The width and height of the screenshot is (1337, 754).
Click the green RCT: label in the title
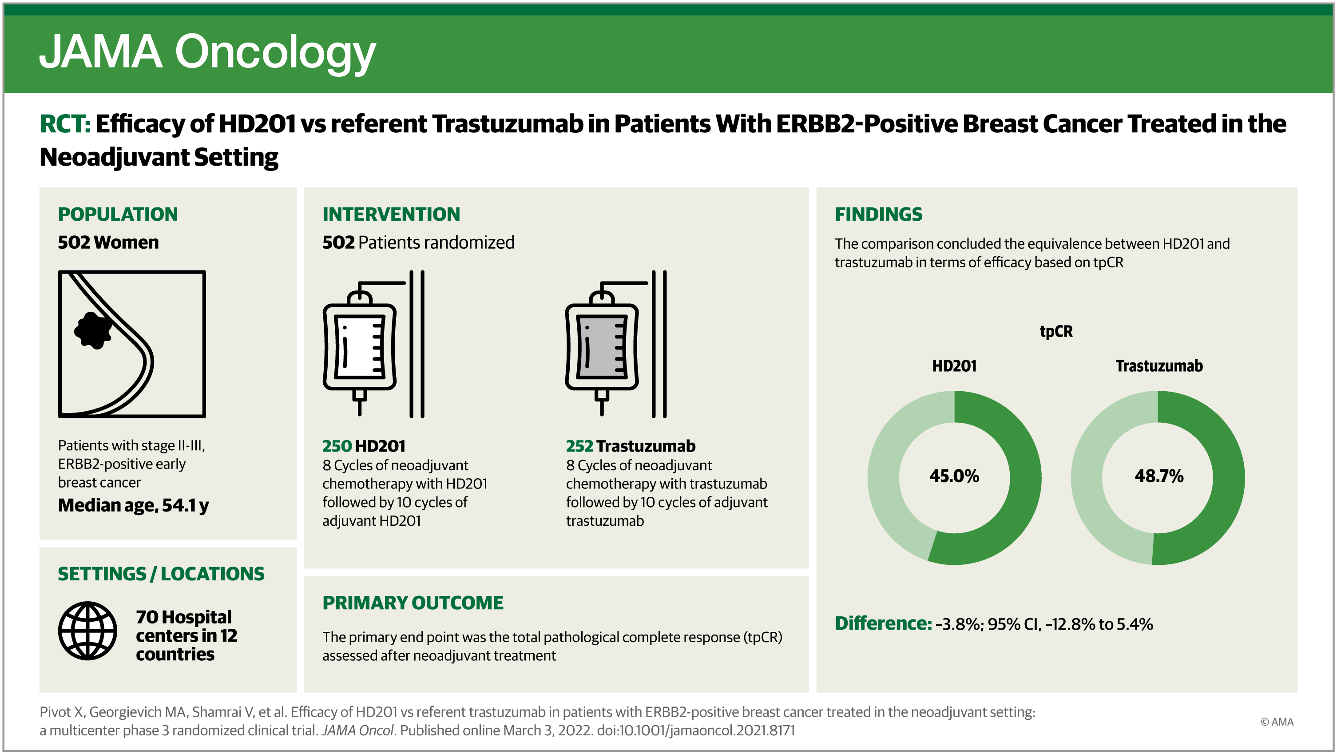pos(65,124)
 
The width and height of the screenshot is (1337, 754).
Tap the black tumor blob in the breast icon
pos(93,330)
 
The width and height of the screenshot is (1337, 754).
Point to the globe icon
pos(87,631)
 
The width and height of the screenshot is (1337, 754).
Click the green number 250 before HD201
pos(337,446)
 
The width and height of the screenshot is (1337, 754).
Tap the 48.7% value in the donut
pos(1159,476)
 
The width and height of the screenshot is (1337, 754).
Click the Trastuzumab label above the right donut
pos(1159,366)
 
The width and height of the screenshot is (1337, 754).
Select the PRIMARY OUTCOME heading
pos(413,603)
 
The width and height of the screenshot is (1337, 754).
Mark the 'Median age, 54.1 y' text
pos(133,505)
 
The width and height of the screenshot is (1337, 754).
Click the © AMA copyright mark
pos(1277,722)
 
